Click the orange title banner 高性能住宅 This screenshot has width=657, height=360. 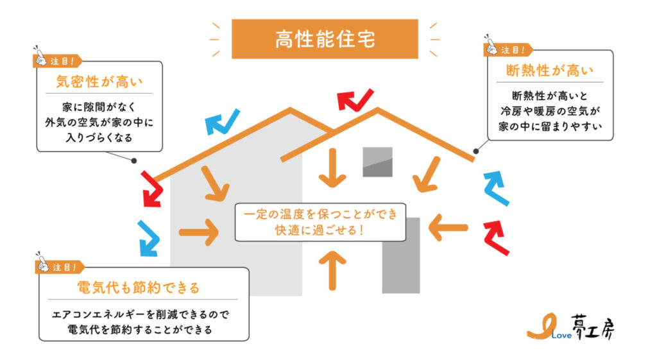click(324, 39)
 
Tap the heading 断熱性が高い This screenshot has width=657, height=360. click(550, 70)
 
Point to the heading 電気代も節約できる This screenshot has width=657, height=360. click(138, 287)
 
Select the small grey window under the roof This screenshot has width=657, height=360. click(377, 162)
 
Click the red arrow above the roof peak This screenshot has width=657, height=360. click(355, 99)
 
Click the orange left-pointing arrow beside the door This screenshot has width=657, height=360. click(448, 227)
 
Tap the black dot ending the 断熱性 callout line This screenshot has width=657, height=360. click(475, 151)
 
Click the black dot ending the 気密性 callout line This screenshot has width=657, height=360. click(133, 161)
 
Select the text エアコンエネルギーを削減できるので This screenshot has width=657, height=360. click(141, 315)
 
